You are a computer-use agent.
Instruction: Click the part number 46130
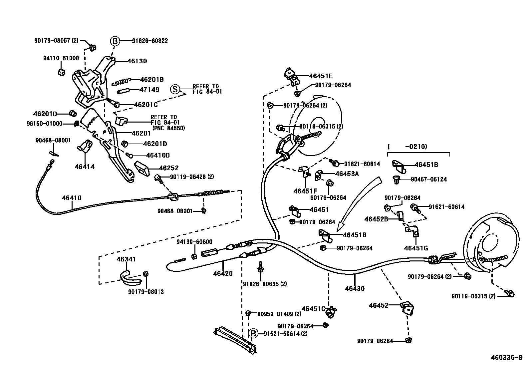tap(136, 61)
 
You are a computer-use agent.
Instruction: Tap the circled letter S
tap(175, 89)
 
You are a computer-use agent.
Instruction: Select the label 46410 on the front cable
tap(71, 198)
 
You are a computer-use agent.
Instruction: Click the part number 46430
tap(355, 288)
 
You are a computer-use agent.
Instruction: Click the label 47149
tap(149, 90)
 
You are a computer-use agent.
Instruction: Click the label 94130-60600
tap(194, 242)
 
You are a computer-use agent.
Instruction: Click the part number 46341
tap(126, 259)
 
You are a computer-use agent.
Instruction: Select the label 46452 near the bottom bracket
tap(379, 305)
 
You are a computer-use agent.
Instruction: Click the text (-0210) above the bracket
tap(407, 146)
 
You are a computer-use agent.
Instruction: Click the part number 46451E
tap(321, 76)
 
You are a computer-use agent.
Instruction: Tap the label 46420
tap(223, 274)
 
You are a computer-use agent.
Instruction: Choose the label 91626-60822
tap(150, 41)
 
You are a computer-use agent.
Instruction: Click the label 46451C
tap(313, 308)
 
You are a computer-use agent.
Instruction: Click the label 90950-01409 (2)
tap(279, 314)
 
